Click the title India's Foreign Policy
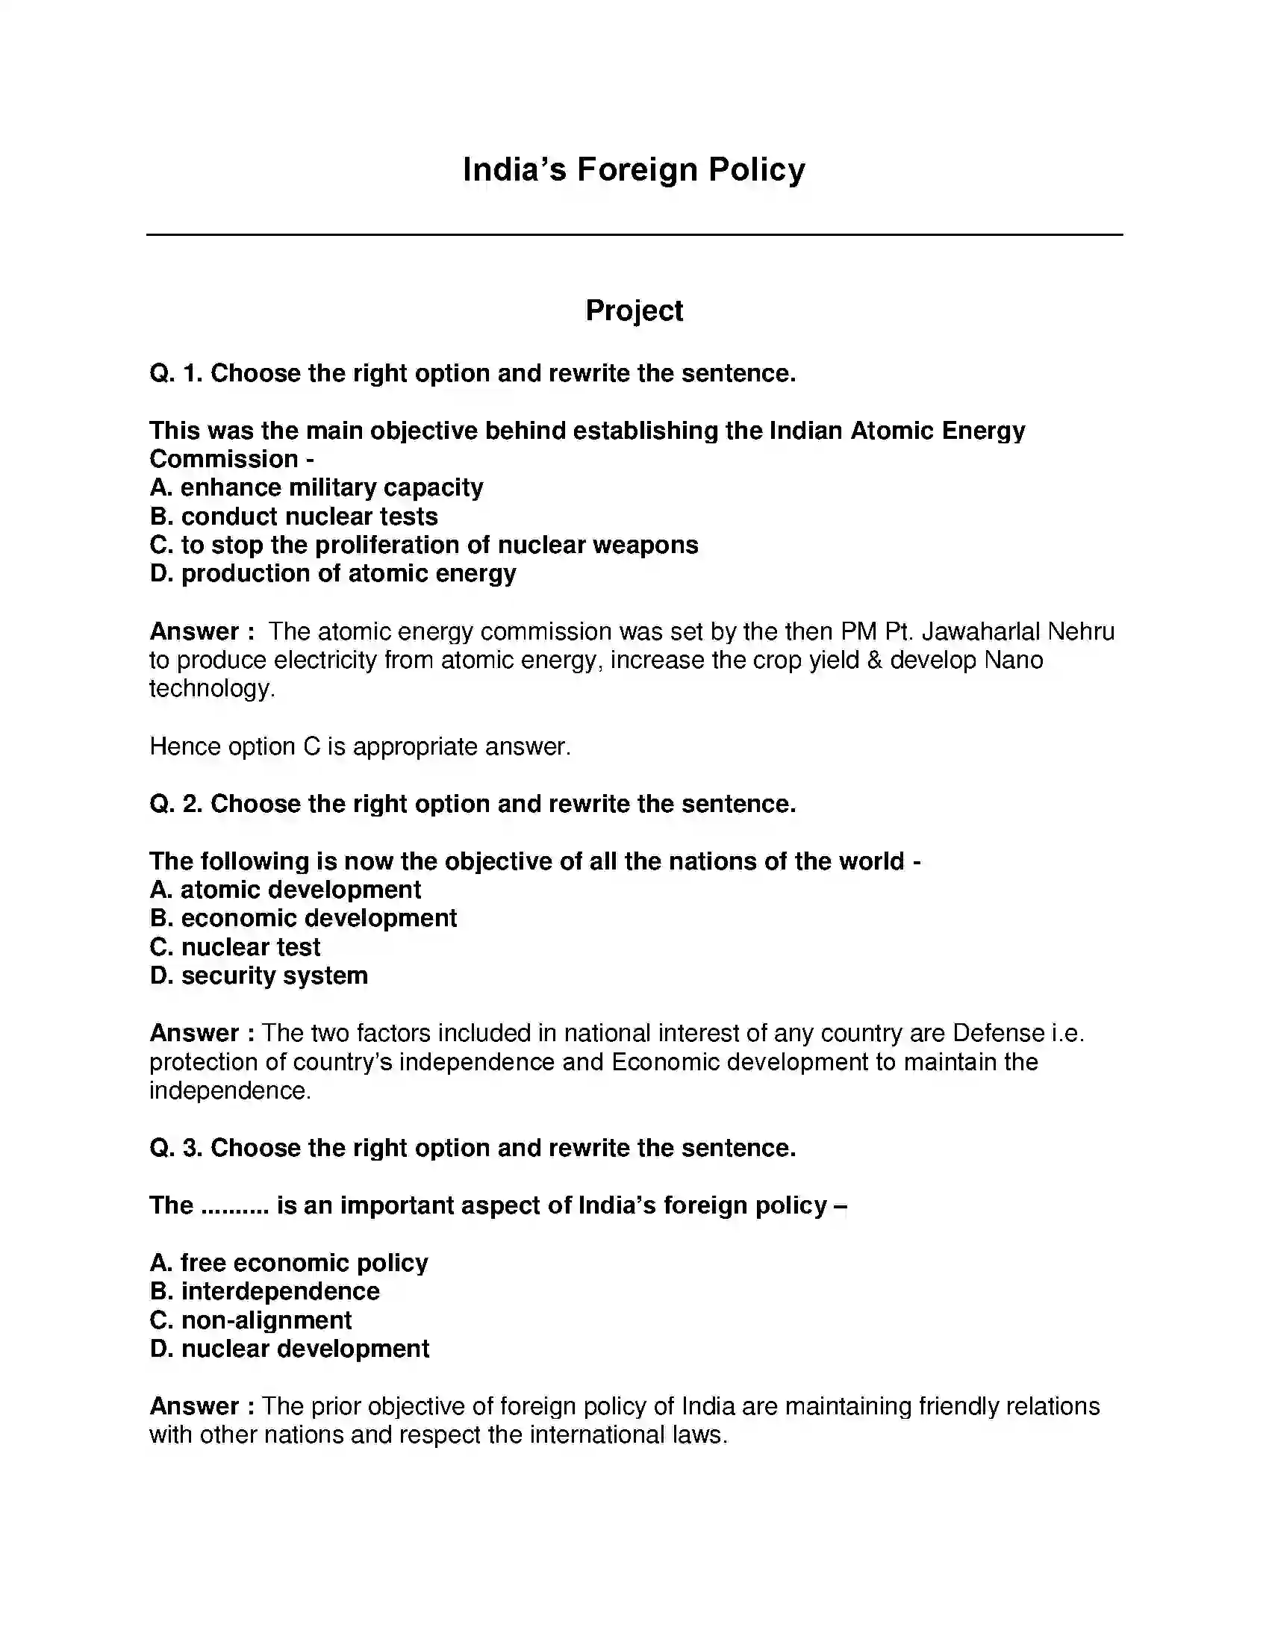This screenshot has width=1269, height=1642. coord(634,170)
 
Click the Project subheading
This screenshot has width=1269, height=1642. coord(634,310)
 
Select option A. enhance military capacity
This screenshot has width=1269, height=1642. coord(317,487)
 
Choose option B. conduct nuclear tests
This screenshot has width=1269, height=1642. coord(294,516)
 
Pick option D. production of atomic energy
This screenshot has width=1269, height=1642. coord(333,574)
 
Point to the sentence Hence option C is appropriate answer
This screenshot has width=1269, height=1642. coord(360,746)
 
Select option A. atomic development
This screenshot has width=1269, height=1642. coord(285,890)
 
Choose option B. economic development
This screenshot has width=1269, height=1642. coord(303,918)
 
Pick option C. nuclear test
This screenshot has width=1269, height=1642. coord(234,946)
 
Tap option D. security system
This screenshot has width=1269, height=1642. coord(258,975)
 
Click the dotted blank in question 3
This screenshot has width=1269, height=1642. coord(235,1205)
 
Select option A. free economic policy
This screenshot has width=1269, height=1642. coord(289,1262)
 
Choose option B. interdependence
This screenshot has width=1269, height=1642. coord(265,1291)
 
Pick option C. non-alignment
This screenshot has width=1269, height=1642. coord(250,1320)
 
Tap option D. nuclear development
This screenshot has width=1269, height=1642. coord(290,1349)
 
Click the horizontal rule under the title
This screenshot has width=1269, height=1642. coord(634,234)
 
